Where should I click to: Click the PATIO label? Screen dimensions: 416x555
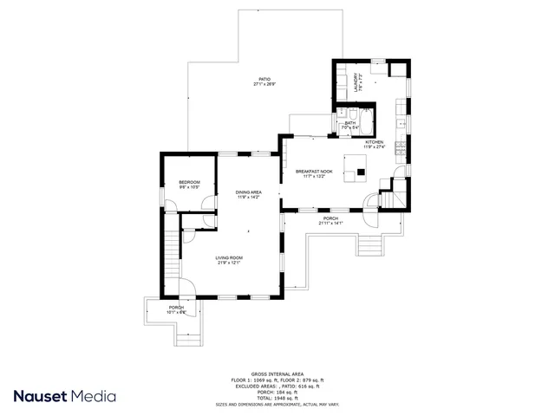[264, 79]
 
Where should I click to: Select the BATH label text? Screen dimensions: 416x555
[349, 123]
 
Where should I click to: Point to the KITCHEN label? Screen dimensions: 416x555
[374, 142]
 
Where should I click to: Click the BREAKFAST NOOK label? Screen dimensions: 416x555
[313, 172]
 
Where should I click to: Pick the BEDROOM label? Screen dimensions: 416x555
[189, 182]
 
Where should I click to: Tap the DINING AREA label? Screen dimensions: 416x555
[249, 192]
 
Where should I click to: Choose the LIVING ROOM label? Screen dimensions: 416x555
[230, 257]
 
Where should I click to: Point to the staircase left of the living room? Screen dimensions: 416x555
[171, 252]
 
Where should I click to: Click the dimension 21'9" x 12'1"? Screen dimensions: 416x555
[230, 263]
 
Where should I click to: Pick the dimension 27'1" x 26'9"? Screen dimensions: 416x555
[264, 84]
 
